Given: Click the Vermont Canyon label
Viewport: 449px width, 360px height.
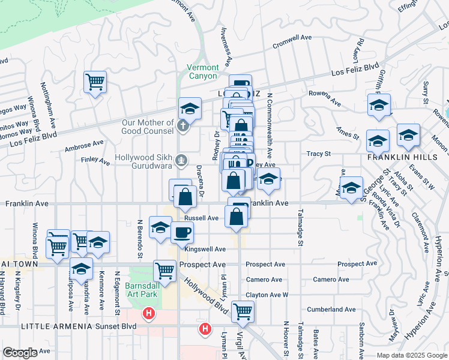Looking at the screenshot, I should [x=203, y=71].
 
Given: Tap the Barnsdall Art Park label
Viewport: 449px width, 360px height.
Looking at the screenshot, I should [x=141, y=290].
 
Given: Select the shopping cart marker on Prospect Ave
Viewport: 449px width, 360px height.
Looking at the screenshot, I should [x=164, y=269].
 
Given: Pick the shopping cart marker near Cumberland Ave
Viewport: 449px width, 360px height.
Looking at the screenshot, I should [x=243, y=310].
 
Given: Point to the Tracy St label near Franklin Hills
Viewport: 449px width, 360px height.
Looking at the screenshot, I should [x=319, y=154].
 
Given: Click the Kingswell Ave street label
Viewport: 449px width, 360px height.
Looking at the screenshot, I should [x=205, y=249].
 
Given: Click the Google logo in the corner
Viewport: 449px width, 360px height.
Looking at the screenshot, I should [x=20, y=353].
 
